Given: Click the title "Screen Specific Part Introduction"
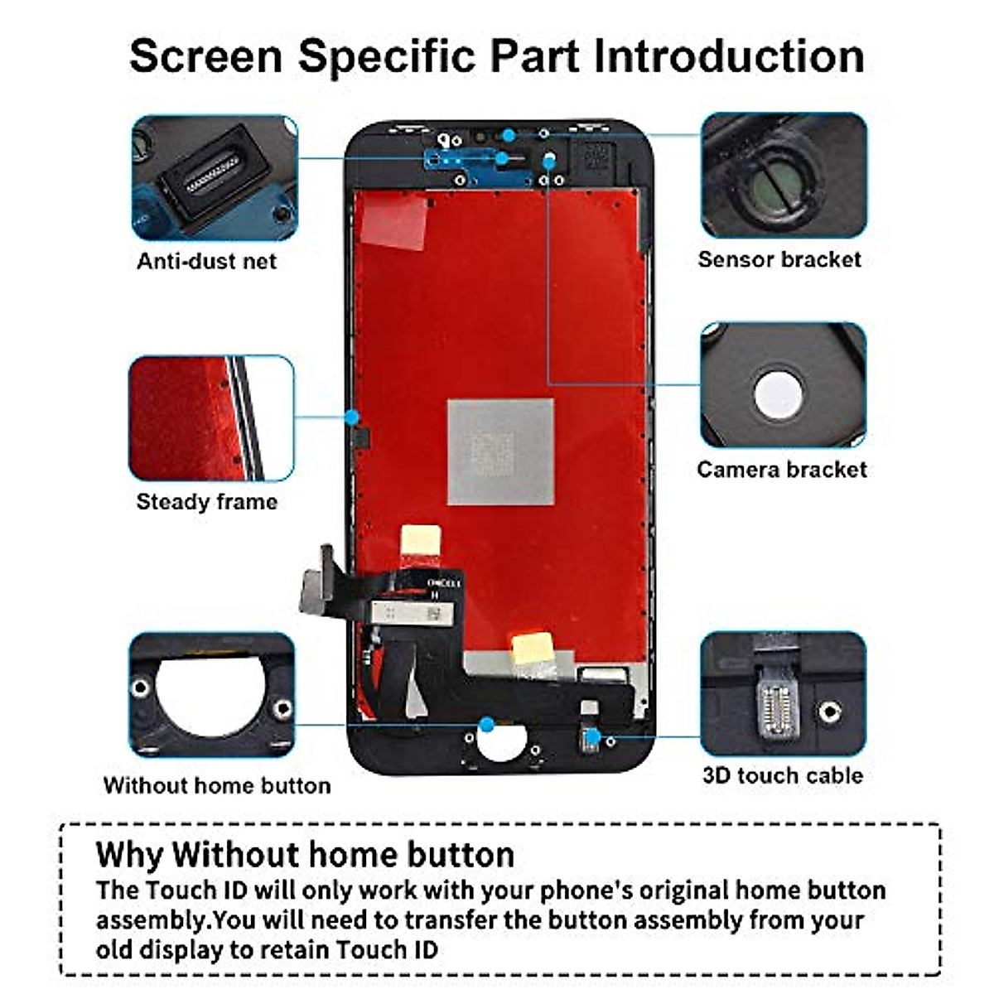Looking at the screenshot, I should (497, 55).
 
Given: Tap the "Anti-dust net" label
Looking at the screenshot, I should (206, 262).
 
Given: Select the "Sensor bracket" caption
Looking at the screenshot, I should (779, 260).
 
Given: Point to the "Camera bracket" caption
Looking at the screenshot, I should (782, 470).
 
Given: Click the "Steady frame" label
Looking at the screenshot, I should (206, 502).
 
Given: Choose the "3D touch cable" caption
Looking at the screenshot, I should (783, 776).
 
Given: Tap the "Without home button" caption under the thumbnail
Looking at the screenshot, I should (217, 785).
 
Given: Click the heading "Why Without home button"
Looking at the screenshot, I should (305, 854).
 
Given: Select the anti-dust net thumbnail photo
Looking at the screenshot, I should (214, 177).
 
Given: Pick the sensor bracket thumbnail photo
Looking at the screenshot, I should (784, 176).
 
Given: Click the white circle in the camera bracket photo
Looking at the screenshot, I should (779, 393).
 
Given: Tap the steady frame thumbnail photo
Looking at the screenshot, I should (211, 418).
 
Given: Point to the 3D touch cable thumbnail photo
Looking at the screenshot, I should (783, 694).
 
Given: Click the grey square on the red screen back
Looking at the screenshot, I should (500, 452).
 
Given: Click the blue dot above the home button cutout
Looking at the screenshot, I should (487, 725).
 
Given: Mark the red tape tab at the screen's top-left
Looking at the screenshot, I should (394, 221).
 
